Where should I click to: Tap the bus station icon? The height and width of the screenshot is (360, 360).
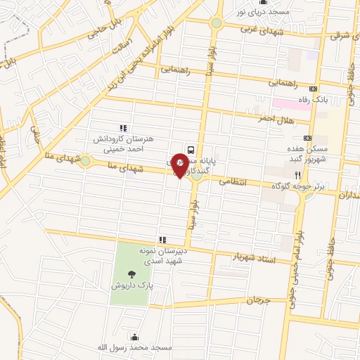191,148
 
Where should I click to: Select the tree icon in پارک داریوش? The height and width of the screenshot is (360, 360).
129,274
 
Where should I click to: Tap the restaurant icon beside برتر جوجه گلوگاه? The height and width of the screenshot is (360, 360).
297,175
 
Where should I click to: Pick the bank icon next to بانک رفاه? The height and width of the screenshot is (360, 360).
313,89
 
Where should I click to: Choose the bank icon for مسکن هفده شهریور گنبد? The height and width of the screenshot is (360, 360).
307,138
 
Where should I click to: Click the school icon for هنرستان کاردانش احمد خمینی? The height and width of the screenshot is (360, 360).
122,127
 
